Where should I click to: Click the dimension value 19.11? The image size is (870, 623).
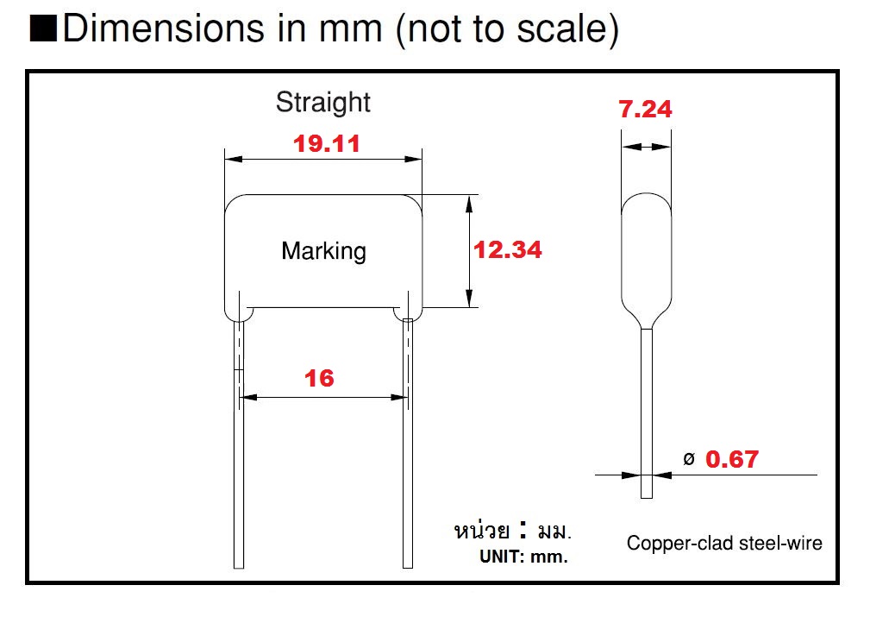pos(326,143)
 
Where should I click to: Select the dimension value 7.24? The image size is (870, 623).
pos(645,110)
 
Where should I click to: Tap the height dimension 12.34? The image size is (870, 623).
pos(508,249)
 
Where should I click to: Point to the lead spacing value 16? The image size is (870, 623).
pos(319,378)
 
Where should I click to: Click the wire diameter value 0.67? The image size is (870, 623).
pos(732,459)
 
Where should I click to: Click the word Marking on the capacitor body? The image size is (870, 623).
pos(323,251)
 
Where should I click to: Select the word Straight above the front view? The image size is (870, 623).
pos(322,102)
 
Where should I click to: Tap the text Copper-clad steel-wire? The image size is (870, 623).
pos(724,543)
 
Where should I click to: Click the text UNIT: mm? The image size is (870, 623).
pos(523,557)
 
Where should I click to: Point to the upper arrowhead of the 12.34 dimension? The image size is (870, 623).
pos(469,202)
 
